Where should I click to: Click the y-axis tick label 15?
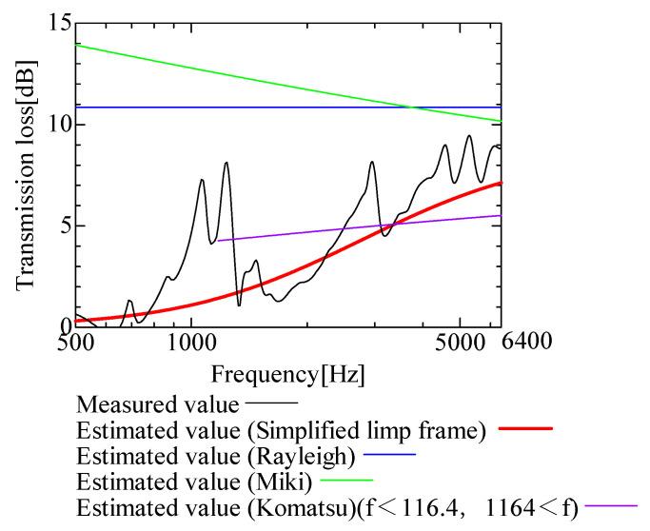tap(56, 22)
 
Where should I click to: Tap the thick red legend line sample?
tap(523, 429)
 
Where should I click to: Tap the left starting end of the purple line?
tap(218, 241)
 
